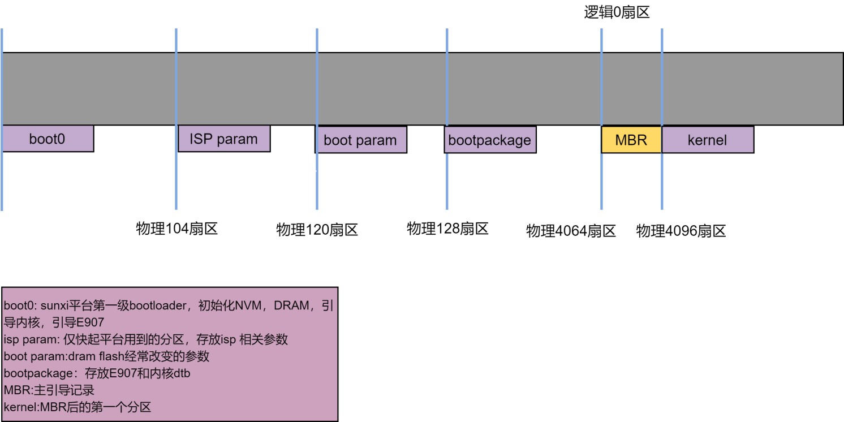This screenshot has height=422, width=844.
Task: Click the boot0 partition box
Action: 48,139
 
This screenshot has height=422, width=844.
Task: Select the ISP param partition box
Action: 224,139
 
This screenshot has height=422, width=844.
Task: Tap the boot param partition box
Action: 360,140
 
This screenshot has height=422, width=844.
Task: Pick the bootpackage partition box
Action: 490,140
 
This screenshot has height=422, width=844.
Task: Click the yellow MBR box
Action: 631,140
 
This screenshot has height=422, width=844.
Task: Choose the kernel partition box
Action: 707,140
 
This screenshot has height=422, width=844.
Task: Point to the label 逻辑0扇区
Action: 617,12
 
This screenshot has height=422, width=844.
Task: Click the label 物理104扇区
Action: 177,229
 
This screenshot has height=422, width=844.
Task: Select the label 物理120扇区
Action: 317,230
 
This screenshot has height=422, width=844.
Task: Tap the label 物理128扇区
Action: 447,229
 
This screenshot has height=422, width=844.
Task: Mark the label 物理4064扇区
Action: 571,231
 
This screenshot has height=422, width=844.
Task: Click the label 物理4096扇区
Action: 681,231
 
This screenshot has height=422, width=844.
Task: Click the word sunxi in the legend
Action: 54,306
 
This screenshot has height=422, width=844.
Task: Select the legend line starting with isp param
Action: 146,339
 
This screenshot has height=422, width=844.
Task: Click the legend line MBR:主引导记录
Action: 49,390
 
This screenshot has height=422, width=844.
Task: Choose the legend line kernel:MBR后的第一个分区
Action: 77,407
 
